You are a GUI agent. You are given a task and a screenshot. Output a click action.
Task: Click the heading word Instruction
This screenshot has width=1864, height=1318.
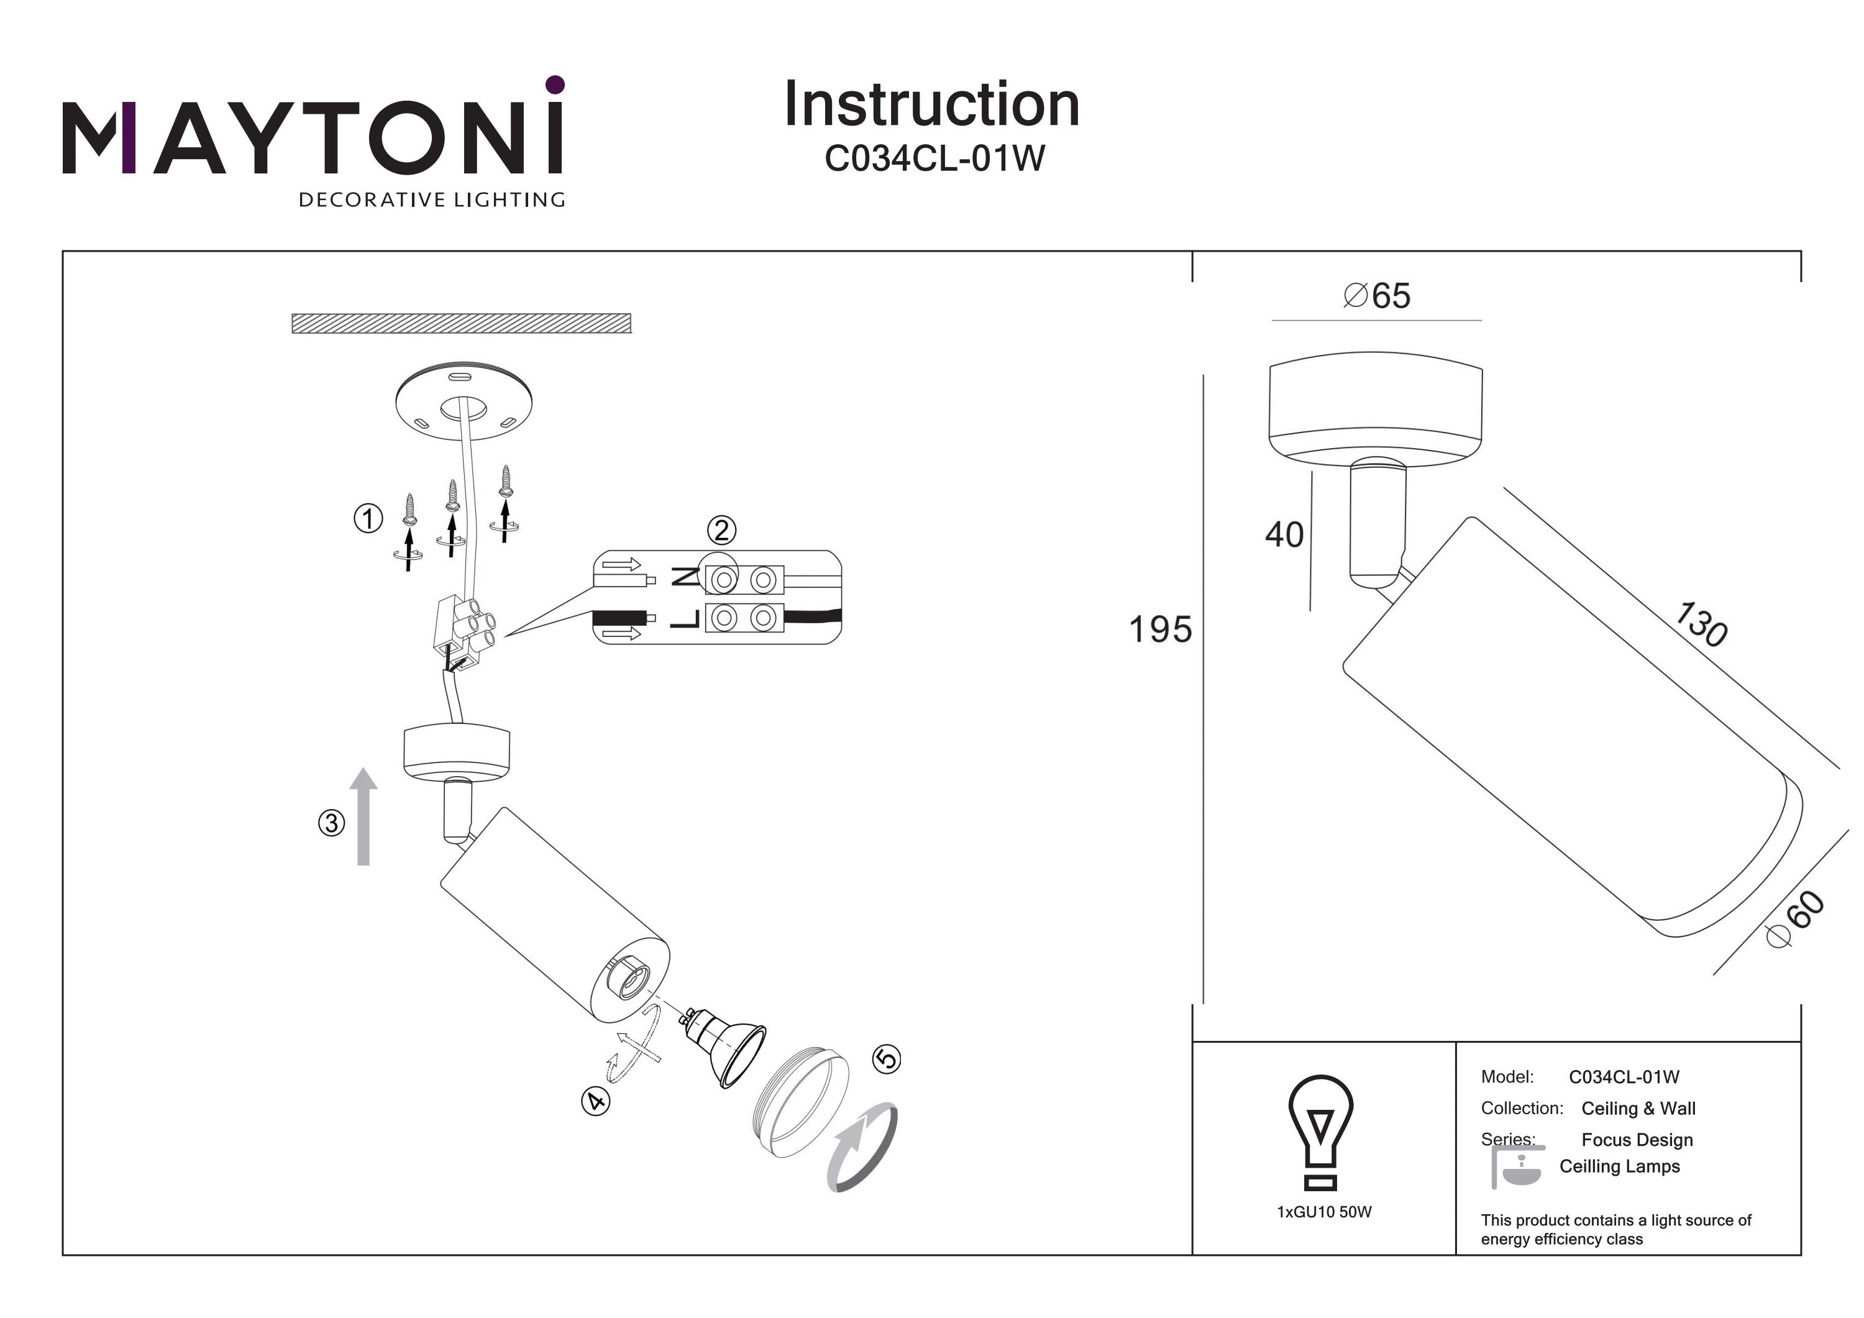[x=931, y=105]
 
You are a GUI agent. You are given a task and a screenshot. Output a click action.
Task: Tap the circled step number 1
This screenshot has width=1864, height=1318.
[x=368, y=518]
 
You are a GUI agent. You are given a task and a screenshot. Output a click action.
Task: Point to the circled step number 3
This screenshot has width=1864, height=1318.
[x=331, y=823]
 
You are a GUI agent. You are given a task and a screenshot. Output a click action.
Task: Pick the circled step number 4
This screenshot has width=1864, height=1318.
[x=596, y=1101]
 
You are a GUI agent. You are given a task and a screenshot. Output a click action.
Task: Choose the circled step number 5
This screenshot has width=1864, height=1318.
[x=886, y=1059]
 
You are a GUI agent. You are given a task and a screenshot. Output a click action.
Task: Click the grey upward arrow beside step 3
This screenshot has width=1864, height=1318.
[x=363, y=816]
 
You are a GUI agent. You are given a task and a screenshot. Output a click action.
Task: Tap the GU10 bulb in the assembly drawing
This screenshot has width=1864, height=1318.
[x=725, y=1047]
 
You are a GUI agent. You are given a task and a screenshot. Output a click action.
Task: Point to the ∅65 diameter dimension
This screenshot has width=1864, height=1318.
[x=1377, y=296]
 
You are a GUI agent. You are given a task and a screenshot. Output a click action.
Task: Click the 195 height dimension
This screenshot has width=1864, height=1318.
[x=1160, y=629]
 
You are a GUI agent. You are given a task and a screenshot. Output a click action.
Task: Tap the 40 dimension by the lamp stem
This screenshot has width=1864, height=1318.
[x=1284, y=534]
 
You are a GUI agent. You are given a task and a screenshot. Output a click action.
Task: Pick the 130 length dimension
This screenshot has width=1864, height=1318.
[x=1702, y=624]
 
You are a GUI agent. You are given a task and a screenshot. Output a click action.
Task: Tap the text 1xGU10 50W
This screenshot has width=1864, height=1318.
[x=1324, y=1212]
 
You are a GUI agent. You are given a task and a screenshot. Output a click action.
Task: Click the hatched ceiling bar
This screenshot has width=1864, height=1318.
[x=461, y=323]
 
